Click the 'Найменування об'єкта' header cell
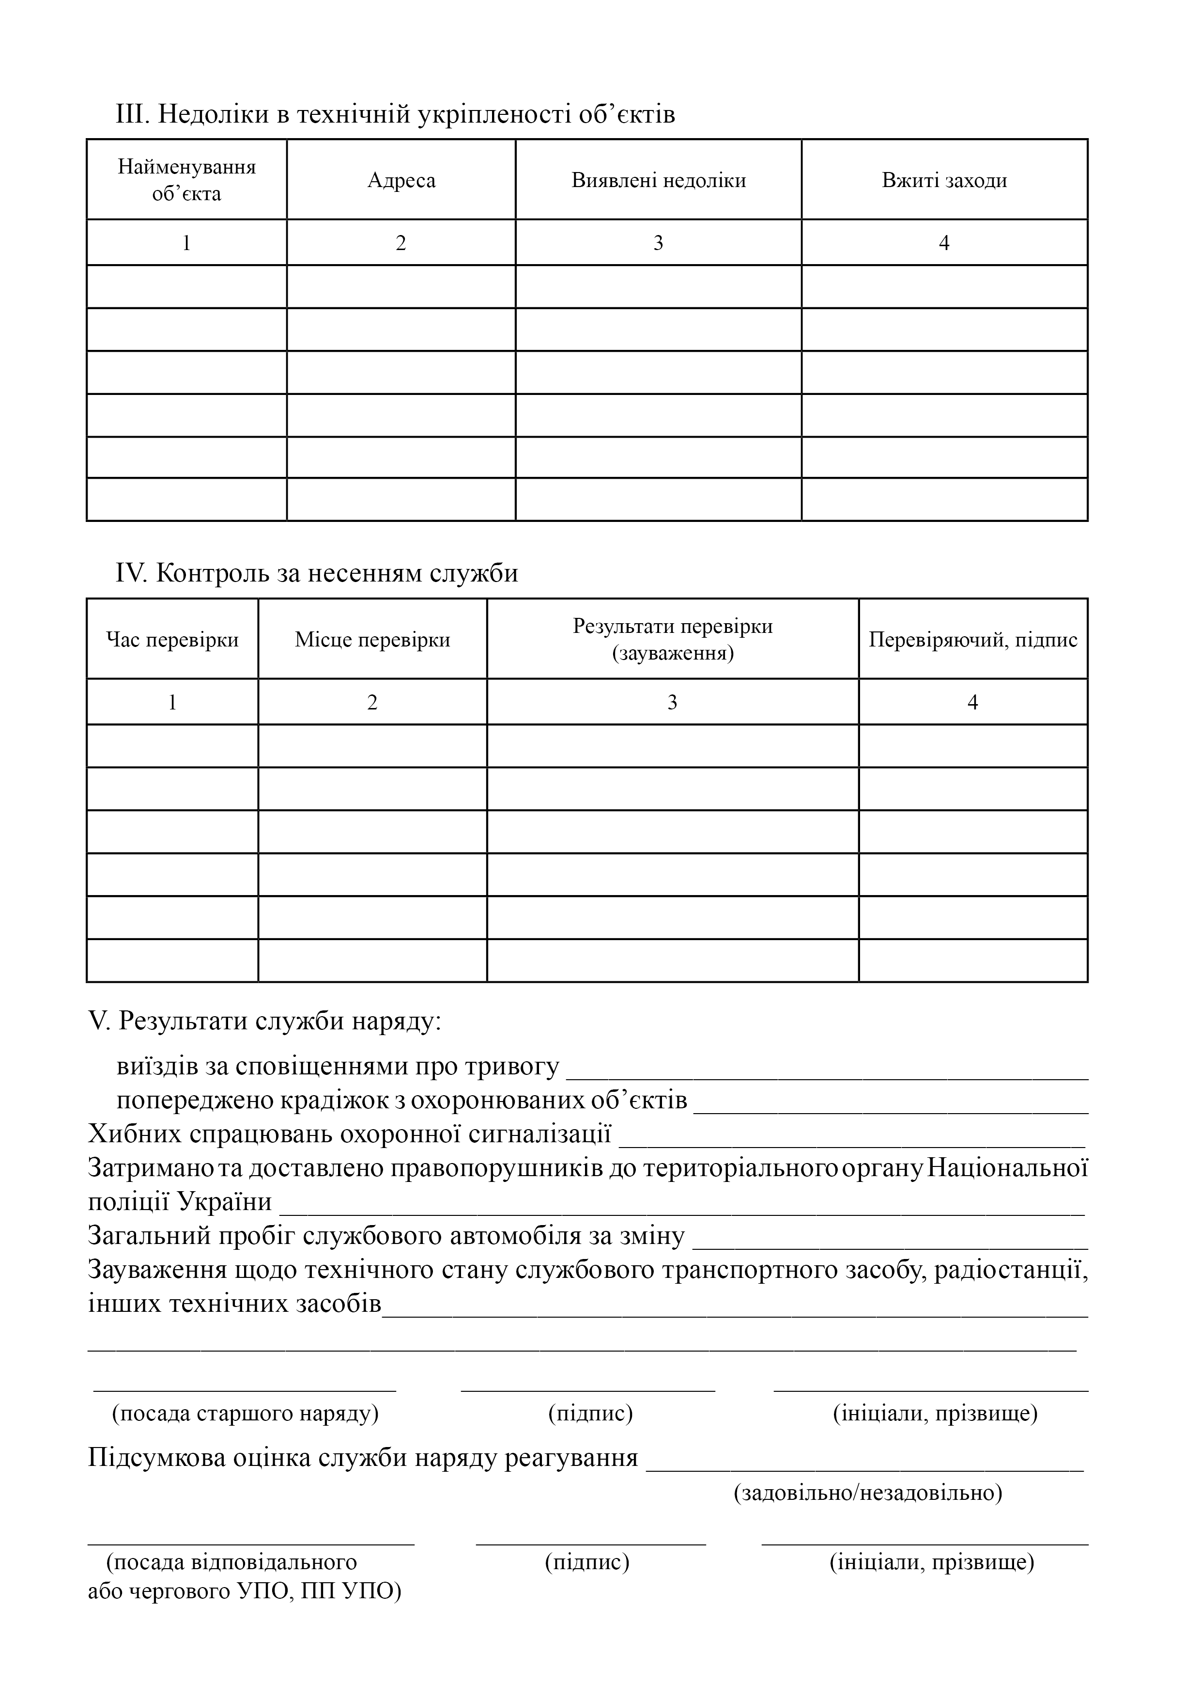[x=186, y=180]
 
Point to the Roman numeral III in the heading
[x=133, y=115]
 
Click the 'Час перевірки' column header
[x=172, y=640]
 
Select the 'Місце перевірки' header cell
[x=372, y=640]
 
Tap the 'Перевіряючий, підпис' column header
[x=972, y=640]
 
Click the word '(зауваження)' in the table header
[x=673, y=654]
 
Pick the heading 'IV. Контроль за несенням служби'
[x=317, y=574]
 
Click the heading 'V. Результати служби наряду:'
[x=265, y=1021]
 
